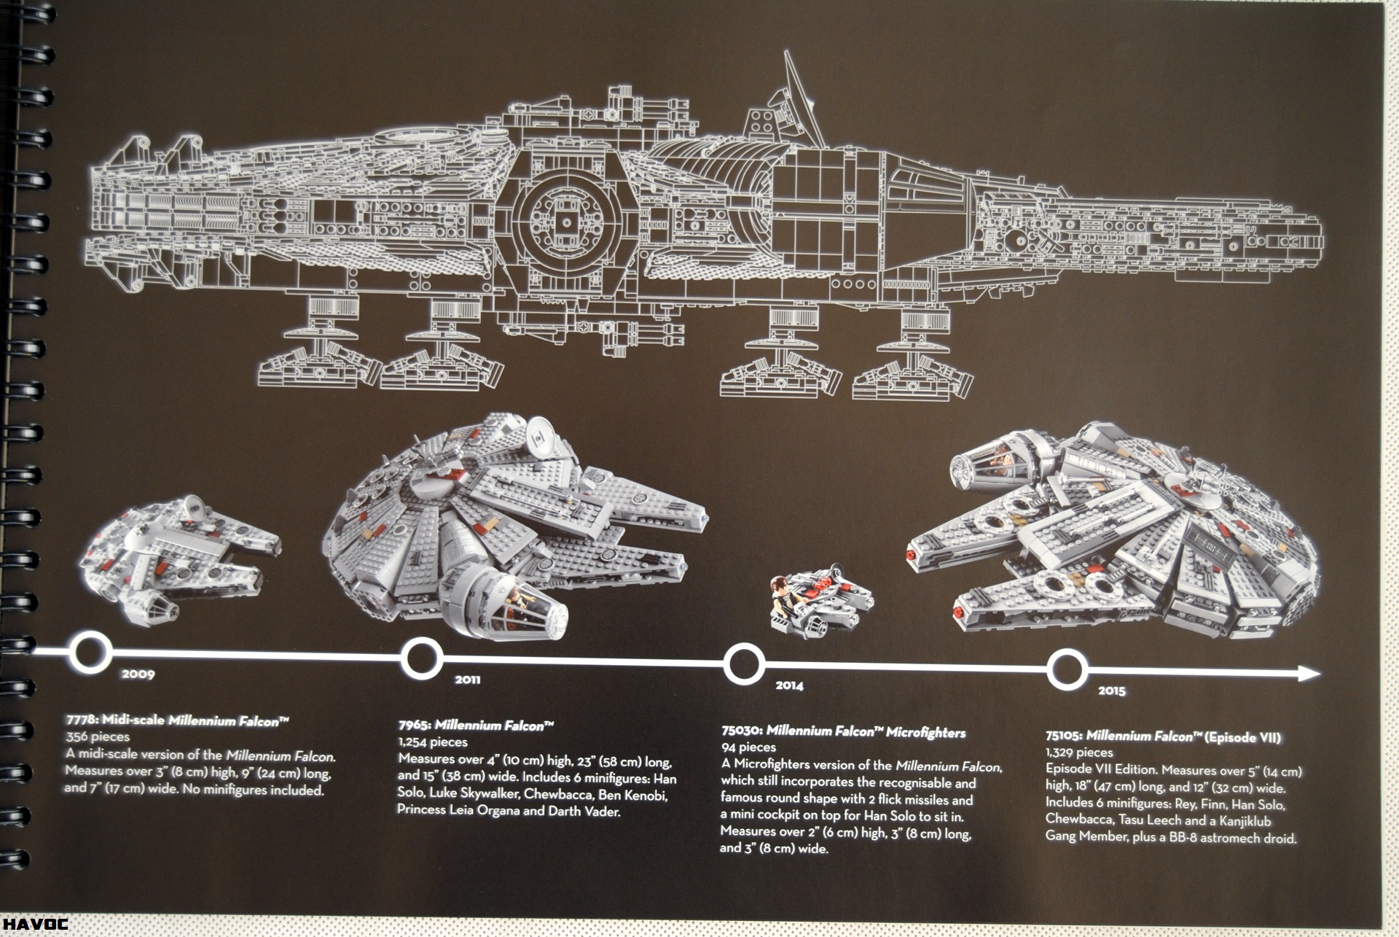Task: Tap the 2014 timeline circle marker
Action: [x=744, y=664]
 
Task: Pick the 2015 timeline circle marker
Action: [x=1067, y=670]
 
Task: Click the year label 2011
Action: [x=467, y=680]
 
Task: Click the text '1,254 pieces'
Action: [x=433, y=742]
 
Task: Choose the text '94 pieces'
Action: [x=748, y=747]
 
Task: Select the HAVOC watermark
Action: [x=34, y=924]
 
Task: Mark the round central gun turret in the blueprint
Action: [x=566, y=222]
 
